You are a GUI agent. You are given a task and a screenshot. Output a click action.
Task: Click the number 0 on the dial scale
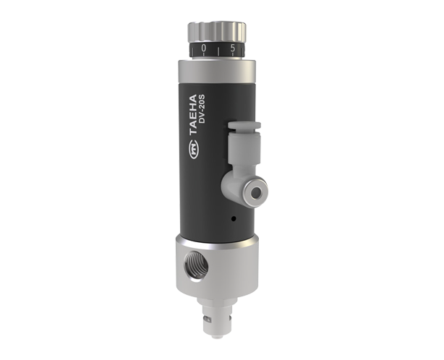point(204,48)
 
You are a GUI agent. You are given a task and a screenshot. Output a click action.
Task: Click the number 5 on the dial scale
point(233,48)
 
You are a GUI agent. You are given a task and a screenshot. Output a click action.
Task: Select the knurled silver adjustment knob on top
point(217,33)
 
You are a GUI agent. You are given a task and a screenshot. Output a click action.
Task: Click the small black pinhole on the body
point(234,218)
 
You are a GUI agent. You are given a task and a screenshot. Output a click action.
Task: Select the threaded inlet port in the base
point(197,266)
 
